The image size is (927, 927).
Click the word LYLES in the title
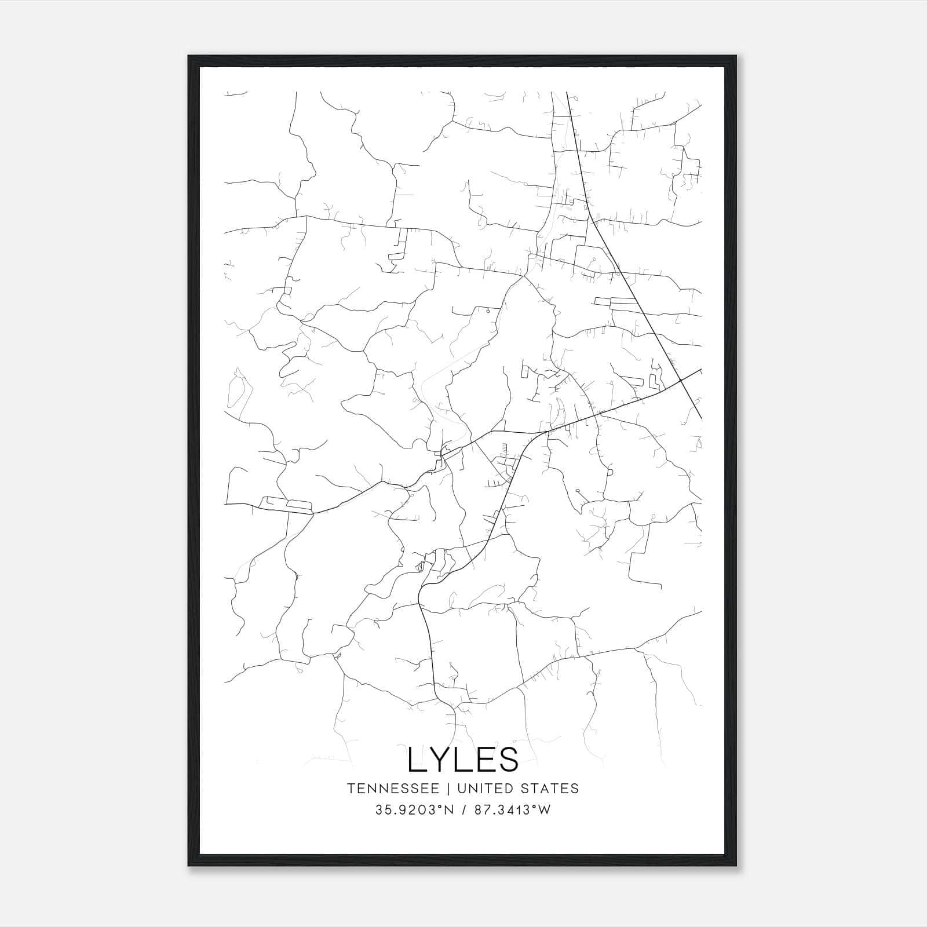463,759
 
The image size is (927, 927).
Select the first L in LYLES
416,759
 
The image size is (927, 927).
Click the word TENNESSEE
393,789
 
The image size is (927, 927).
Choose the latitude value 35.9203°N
415,810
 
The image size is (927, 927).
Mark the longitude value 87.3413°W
512,810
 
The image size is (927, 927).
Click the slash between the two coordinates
463,810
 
